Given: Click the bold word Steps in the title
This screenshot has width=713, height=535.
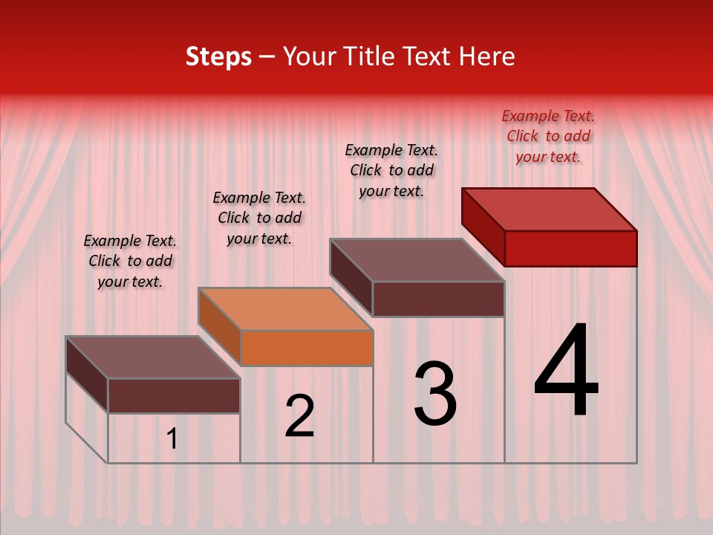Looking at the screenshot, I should (x=218, y=56).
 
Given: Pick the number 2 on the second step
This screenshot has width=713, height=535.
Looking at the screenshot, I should (x=300, y=415).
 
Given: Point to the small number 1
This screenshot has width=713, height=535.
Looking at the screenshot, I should (x=172, y=438).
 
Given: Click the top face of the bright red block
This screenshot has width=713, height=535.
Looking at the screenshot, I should (x=548, y=210).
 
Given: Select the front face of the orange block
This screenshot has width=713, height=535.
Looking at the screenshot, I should (x=307, y=348).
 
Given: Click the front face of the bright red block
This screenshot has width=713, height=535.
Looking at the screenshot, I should (x=570, y=248).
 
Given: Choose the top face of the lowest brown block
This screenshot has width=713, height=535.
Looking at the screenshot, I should (x=152, y=357).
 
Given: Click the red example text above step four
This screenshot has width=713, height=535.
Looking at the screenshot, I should (x=548, y=136).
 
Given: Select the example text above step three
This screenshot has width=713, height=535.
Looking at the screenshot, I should (x=391, y=170).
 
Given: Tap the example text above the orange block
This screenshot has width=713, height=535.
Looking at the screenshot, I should (x=259, y=218).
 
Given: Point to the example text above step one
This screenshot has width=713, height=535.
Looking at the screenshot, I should (x=130, y=261).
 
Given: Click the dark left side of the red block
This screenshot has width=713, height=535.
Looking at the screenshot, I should (x=483, y=227).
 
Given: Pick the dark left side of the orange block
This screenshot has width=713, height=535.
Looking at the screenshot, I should (x=219, y=326).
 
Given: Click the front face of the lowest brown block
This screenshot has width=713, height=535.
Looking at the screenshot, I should (x=174, y=395).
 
